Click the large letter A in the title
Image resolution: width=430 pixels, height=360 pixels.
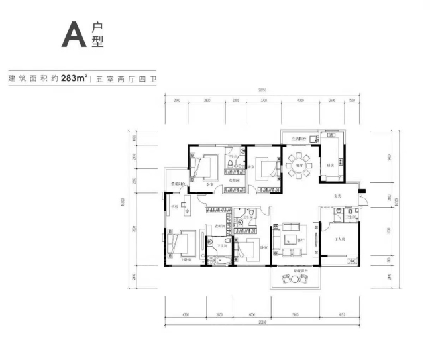coord(74,34)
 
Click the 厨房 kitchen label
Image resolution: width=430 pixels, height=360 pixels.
coord(328,165)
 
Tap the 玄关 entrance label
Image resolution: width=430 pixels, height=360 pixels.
coord(337,196)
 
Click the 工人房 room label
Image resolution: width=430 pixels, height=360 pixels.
coord(340,239)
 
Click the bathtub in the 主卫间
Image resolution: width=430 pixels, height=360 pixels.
coord(221,260)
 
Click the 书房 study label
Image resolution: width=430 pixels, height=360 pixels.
coord(175,207)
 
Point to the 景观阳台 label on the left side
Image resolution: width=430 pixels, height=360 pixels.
coord(178,184)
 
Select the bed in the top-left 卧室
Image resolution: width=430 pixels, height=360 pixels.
coord(205,166)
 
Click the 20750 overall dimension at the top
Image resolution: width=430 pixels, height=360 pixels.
coord(262,90)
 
